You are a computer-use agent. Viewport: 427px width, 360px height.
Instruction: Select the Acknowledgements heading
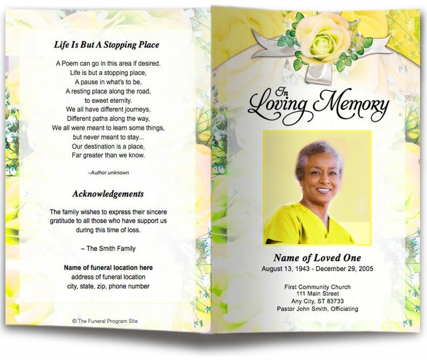point(108,193)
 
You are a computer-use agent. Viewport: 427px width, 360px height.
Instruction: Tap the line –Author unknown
point(108,172)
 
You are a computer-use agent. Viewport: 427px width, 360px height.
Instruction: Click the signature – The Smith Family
point(108,248)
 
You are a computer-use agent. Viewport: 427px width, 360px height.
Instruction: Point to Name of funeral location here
point(108,267)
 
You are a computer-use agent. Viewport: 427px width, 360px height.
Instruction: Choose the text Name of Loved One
point(317,258)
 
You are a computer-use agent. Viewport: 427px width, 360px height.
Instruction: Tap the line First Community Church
point(317,287)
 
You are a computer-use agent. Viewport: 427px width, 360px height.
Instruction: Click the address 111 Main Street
point(317,294)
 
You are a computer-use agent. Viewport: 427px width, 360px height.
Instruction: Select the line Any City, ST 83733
point(317,302)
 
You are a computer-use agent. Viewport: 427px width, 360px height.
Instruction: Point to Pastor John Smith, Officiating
point(317,309)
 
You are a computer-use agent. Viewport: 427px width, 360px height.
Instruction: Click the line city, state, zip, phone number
point(108,286)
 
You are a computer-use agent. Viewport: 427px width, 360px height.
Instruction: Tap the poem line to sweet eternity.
point(108,100)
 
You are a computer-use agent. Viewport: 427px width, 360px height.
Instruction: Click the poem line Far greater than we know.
point(108,155)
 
